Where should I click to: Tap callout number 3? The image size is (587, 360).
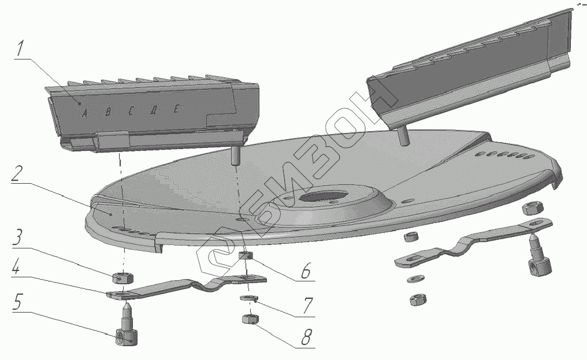[x=19, y=237]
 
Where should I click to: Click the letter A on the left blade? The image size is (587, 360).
[x=84, y=113]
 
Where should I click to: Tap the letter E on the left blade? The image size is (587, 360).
[x=176, y=109]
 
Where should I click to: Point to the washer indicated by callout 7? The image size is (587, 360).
[x=248, y=298]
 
